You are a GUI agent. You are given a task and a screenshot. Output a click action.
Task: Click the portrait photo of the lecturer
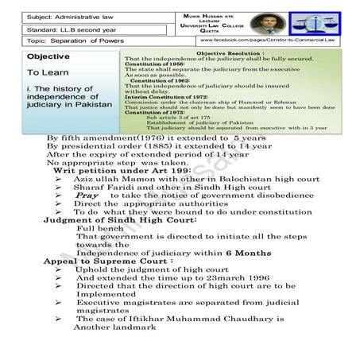pyautogui.click(x=259, y=23)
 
